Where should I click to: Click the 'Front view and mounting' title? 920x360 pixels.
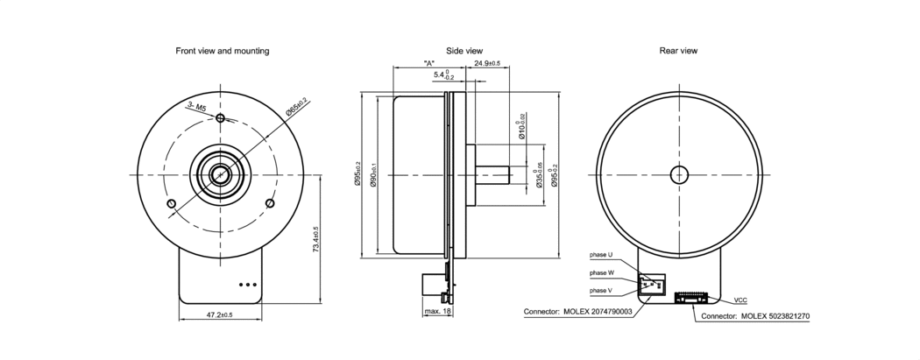(x=223, y=51)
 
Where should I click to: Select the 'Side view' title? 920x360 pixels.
(x=464, y=51)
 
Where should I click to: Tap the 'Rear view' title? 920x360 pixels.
(x=678, y=51)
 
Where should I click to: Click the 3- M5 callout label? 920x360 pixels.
(x=196, y=106)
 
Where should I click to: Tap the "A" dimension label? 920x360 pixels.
(x=429, y=64)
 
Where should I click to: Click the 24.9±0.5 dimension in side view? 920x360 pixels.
(x=486, y=64)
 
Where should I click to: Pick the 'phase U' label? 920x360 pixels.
(x=601, y=255)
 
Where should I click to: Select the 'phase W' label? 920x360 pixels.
(x=601, y=272)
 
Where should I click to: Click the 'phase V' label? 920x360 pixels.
(x=601, y=290)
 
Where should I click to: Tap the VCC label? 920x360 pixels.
(x=740, y=299)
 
